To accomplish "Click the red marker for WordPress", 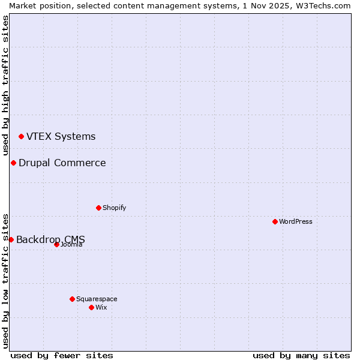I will point(275,221).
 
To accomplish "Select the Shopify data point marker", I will point(98,208).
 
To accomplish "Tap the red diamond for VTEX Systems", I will point(21,137).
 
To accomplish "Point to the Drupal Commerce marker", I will point(13,163).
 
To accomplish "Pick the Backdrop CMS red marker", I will point(11,239).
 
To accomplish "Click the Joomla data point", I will point(56,244).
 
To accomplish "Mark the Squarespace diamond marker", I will point(72,299).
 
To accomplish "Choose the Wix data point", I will point(91,307).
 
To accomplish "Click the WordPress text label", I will point(296,221).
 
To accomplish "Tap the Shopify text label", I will point(114,208).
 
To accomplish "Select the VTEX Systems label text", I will point(61,136).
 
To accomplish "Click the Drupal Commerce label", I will point(62,163).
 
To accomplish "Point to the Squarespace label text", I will point(97,299).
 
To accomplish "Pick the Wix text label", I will point(101,307).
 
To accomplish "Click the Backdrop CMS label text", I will point(50,239).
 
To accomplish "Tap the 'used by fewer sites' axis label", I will point(62,355).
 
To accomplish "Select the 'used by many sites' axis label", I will point(301,355).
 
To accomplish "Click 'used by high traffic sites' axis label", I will point(5,86).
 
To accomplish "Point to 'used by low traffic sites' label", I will point(5,280).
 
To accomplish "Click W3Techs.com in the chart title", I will point(323,5).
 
